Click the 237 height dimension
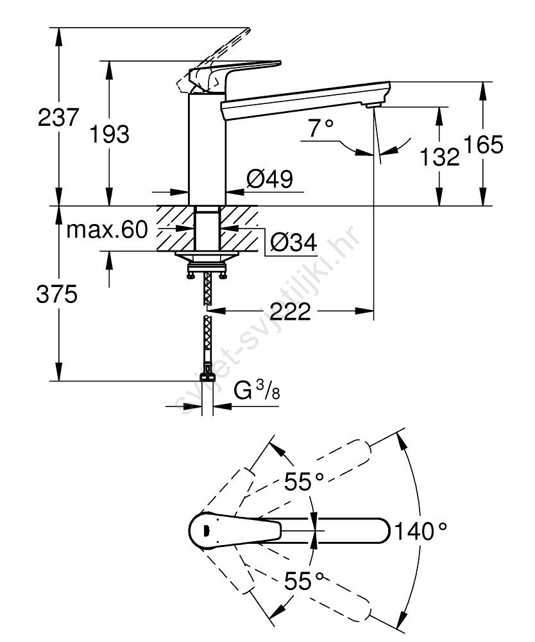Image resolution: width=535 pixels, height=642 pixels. pos(59,117)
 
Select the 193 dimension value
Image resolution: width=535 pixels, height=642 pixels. pos(109,134)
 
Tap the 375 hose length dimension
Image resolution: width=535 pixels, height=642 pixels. pos(58,295)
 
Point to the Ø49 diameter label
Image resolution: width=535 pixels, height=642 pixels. pos(270,179)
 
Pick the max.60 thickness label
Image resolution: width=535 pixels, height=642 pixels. pos(107,229)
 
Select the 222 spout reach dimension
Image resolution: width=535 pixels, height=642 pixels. pos(291,312)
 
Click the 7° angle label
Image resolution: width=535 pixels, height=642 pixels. pos(321,129)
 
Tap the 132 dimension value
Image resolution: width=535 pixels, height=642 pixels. pos(439,156)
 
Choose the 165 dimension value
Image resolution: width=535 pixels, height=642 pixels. pos(484,146)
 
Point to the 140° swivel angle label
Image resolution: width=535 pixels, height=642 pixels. pos(420,531)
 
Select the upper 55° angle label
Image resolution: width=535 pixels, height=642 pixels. pos(305,481)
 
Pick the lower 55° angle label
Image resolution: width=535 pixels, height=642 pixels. pos(305,582)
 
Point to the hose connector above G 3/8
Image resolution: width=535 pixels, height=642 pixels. pos(207,376)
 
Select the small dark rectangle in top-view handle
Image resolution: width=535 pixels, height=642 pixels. pos(205,530)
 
